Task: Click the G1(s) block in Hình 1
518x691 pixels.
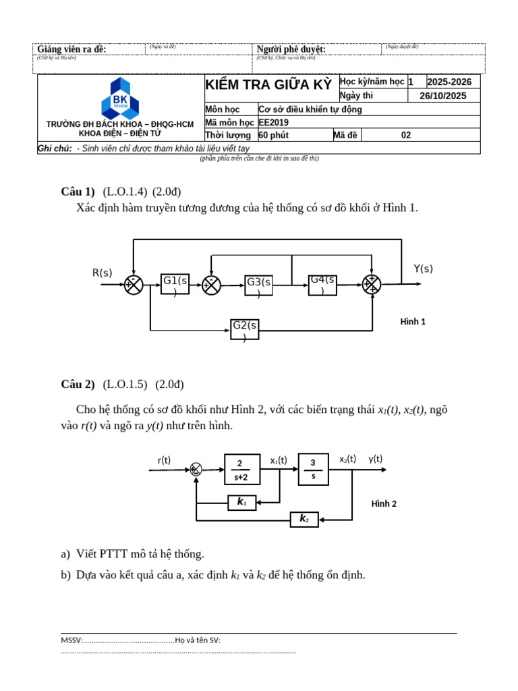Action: [x=175, y=284]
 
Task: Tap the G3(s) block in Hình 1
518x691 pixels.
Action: [x=258, y=285]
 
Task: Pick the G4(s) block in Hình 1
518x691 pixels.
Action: [x=322, y=284]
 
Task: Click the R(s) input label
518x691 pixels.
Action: [x=103, y=273]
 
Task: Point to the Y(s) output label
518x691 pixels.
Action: [x=423, y=269]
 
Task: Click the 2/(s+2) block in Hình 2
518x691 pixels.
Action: [x=240, y=470]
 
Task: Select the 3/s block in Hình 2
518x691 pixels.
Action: [x=313, y=469]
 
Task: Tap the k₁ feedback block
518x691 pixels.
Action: [x=241, y=502]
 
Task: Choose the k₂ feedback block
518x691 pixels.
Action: [x=304, y=519]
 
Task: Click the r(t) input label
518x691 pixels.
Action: [x=164, y=460]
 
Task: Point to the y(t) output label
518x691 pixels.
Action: [x=375, y=459]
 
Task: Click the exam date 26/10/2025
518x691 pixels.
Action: [x=442, y=96]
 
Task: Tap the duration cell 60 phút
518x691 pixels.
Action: [x=274, y=135]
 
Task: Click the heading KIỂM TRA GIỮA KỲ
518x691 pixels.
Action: [x=268, y=84]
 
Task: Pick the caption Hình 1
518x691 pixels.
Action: [x=413, y=322]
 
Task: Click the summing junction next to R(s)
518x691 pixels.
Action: [x=134, y=285]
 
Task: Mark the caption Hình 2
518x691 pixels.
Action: [x=384, y=504]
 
